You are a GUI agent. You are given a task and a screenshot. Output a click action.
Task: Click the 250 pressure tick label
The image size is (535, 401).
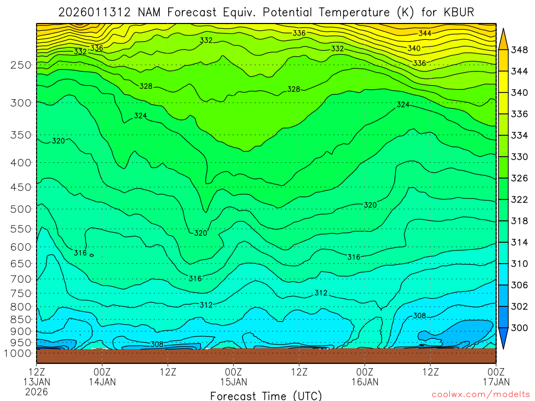point(20,65)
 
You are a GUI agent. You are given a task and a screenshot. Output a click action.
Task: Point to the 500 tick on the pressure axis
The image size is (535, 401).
point(20,209)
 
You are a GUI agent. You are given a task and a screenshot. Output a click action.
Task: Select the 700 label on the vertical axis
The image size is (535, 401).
point(20,278)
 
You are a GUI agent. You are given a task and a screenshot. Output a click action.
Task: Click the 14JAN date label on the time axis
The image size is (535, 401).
point(102,382)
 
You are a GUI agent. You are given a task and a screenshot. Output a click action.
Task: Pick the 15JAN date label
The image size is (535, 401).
point(233,382)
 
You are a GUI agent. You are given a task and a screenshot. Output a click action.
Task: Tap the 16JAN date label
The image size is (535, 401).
point(365,382)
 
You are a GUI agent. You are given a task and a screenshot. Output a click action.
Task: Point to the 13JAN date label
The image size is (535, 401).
point(36,382)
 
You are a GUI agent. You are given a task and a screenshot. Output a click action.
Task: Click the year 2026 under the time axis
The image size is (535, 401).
point(36,391)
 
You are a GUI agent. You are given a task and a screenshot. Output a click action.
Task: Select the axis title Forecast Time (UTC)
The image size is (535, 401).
point(266,395)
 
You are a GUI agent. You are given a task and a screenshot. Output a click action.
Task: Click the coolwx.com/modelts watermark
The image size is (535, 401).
point(480,394)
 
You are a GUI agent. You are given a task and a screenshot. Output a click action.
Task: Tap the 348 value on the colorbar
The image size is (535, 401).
point(519,50)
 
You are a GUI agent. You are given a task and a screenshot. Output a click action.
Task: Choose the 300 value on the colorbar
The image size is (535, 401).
point(519,327)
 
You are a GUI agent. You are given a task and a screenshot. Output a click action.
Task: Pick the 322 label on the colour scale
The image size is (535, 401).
point(519,199)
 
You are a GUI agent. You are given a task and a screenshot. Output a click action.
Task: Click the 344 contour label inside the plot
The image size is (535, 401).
point(425,33)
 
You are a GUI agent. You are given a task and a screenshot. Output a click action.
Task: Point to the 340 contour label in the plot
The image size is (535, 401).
point(414,48)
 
